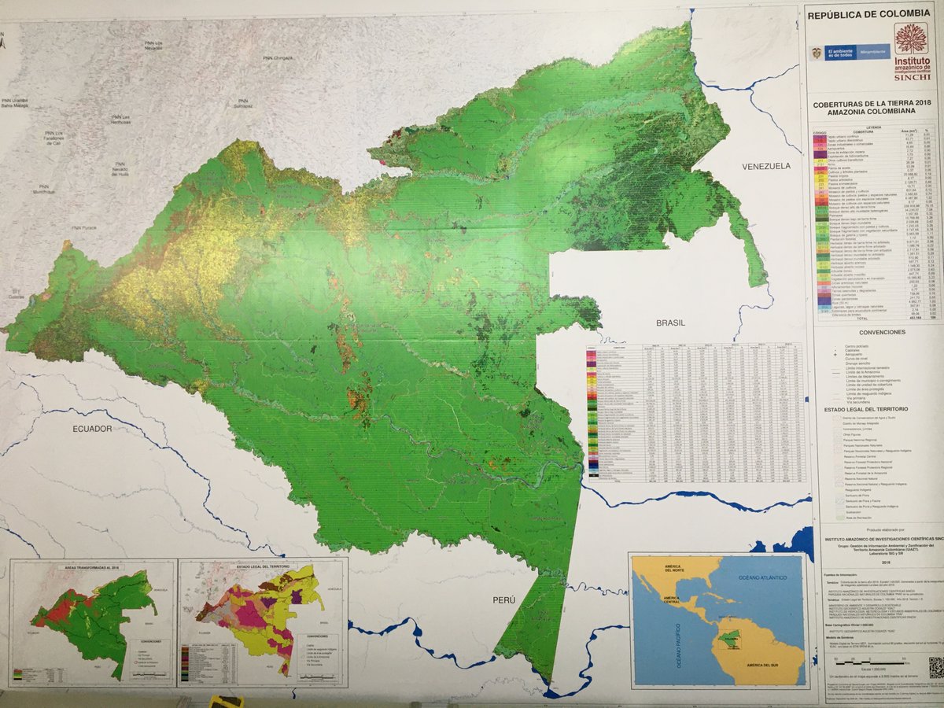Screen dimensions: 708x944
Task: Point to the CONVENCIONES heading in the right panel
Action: tap(873, 332)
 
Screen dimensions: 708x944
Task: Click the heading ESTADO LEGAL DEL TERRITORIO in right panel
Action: tap(872, 410)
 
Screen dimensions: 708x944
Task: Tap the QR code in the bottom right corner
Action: tap(934, 667)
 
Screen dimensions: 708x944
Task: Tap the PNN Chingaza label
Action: tap(278, 57)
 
